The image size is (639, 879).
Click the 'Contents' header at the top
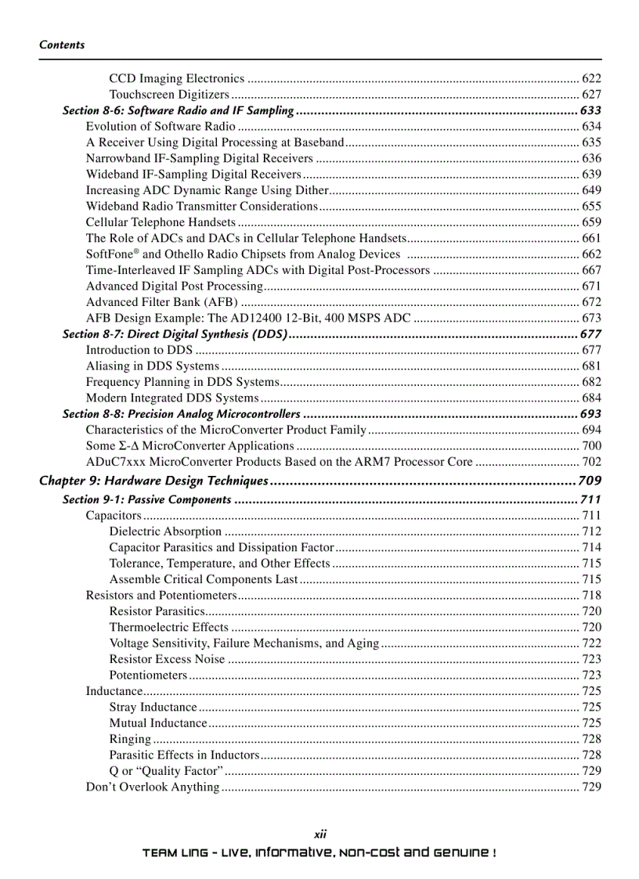pyautogui.click(x=62, y=45)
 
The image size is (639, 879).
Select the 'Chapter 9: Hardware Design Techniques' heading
pyautogui.click(x=154, y=481)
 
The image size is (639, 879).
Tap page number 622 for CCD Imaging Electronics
pyautogui.click(x=591, y=78)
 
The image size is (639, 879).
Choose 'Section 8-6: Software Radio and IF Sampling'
pyautogui.click(x=178, y=110)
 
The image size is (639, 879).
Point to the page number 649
pyautogui.click(x=591, y=190)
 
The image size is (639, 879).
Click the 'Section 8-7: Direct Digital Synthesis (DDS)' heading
pyautogui.click(x=175, y=334)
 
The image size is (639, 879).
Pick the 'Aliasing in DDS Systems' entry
pyautogui.click(x=152, y=366)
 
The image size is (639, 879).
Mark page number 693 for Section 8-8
pyautogui.click(x=590, y=414)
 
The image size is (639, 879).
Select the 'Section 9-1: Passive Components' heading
pyautogui.click(x=146, y=499)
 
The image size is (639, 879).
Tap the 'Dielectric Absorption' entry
pyautogui.click(x=165, y=531)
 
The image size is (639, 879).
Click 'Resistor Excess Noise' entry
pyautogui.click(x=167, y=659)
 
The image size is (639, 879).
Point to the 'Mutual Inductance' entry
pyautogui.click(x=158, y=723)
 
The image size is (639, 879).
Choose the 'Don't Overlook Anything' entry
pyautogui.click(x=152, y=787)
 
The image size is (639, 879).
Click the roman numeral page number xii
pyautogui.click(x=319, y=835)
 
